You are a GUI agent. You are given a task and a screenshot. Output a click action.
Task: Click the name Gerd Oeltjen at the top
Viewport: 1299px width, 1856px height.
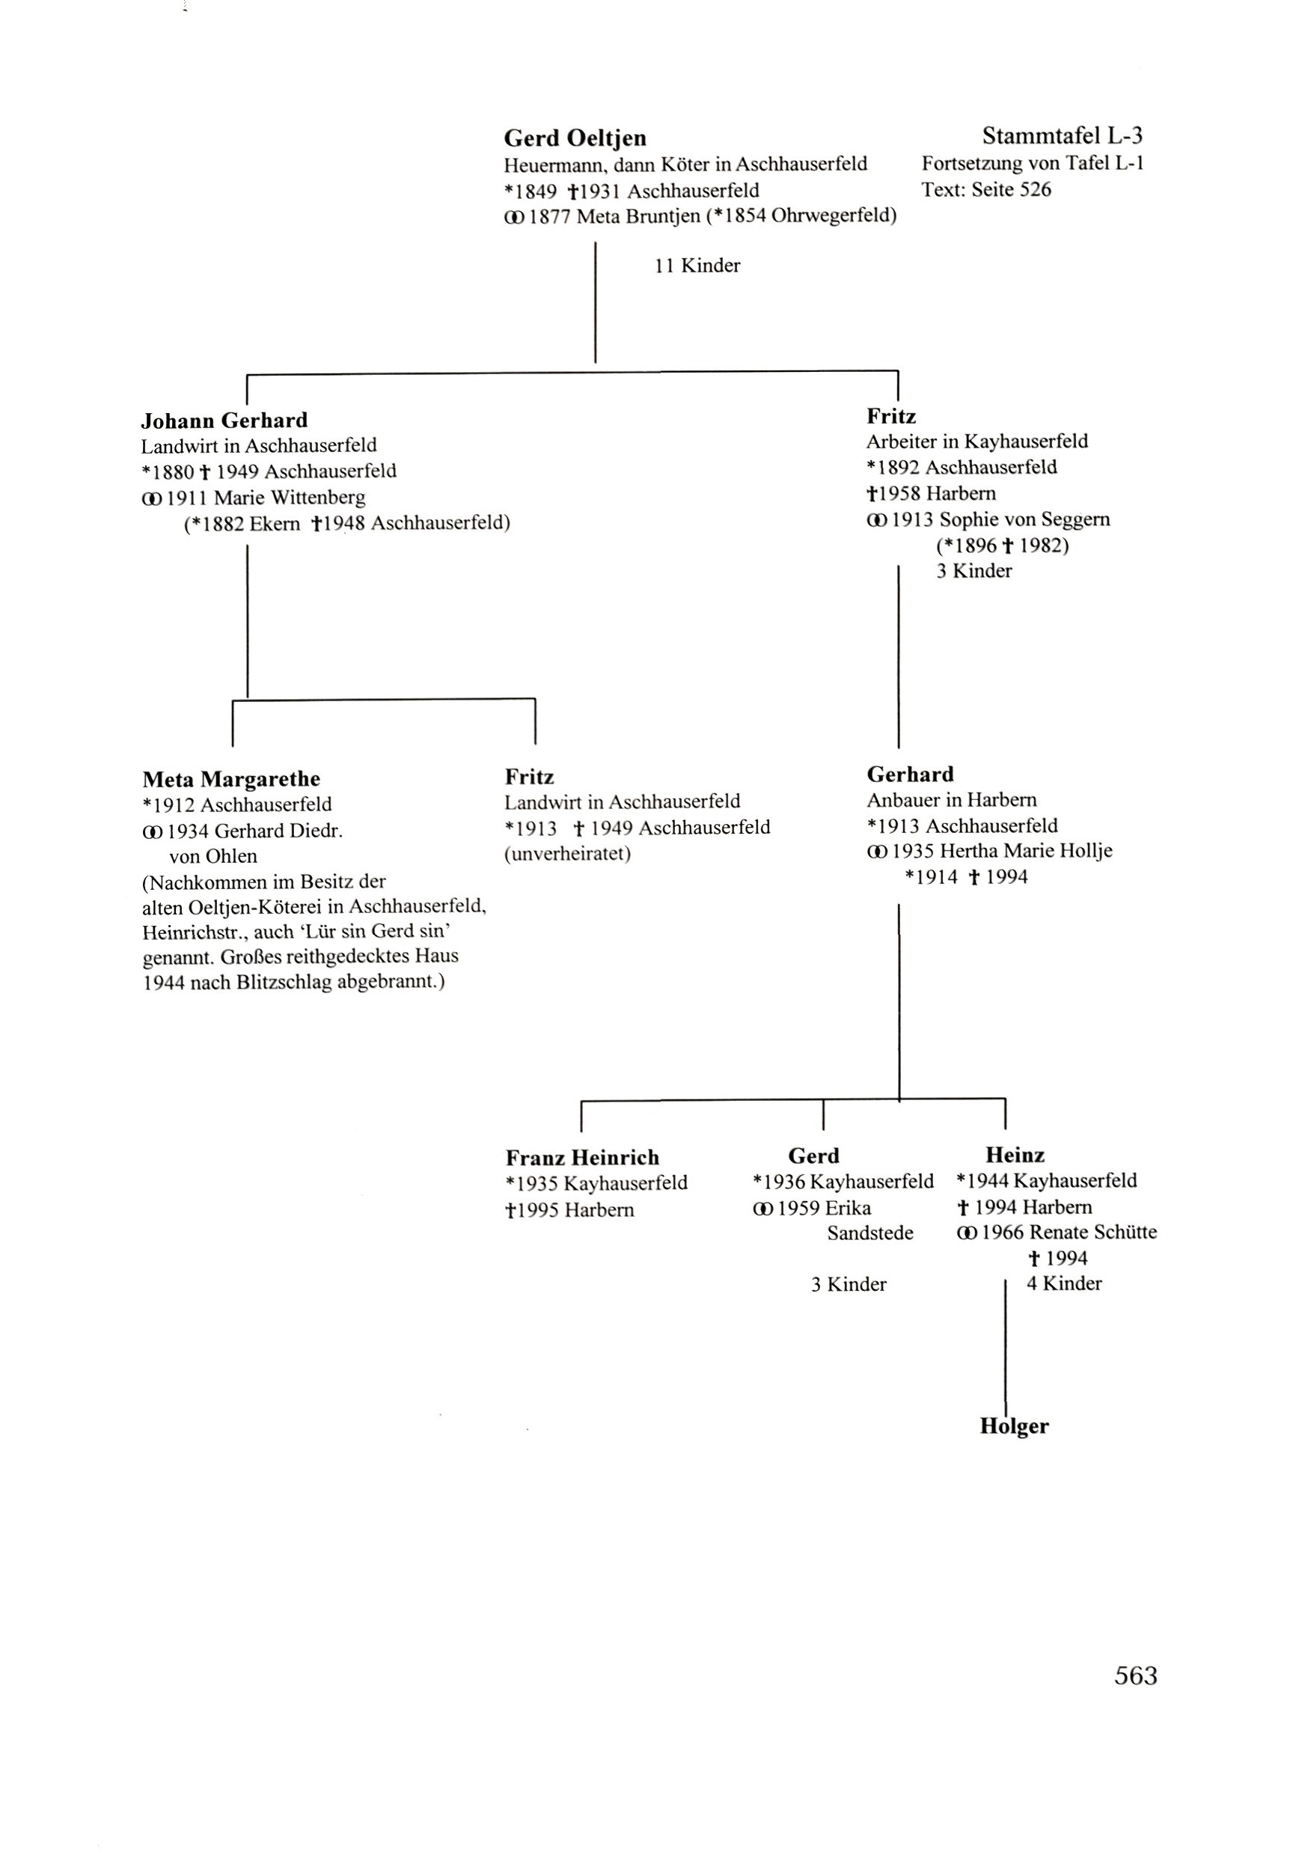[575, 138]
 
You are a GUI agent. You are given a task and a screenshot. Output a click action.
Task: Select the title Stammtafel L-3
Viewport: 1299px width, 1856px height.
[1061, 135]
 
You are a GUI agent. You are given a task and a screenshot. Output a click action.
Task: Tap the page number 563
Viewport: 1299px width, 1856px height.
[1135, 1676]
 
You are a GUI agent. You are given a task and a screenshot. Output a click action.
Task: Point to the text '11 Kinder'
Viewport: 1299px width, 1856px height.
[697, 265]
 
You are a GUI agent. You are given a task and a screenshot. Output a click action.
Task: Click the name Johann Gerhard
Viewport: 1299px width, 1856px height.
[224, 421]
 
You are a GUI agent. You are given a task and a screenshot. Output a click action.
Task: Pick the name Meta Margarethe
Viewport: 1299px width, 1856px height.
[231, 779]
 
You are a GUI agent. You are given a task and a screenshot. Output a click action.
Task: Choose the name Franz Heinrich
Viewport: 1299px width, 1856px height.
[582, 1158]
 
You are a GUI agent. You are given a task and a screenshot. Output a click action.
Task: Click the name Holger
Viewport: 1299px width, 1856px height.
[1014, 1426]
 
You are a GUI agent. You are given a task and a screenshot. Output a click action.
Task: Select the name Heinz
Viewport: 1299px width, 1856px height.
[1015, 1154]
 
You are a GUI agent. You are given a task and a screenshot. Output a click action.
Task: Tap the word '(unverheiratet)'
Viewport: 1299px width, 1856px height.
[567, 854]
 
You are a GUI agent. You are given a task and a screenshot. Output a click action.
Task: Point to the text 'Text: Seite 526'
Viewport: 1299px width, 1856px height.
[986, 190]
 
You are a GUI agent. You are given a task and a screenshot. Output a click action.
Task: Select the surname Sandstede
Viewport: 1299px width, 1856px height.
[869, 1233]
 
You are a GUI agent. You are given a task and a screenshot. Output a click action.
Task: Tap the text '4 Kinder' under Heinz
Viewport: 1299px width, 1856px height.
[1064, 1283]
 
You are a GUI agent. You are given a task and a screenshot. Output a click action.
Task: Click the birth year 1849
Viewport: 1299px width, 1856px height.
[536, 192]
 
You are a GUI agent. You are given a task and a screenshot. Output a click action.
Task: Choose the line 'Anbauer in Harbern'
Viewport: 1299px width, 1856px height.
[951, 800]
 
